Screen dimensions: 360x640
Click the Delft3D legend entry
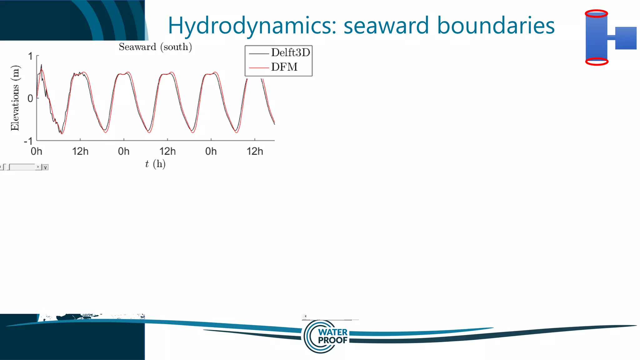point(290,52)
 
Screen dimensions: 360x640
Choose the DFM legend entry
point(284,67)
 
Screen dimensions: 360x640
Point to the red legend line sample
point(259,67)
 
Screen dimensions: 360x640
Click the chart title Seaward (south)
point(155,47)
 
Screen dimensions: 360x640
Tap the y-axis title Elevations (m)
point(15,98)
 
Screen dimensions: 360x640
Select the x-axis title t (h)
point(155,164)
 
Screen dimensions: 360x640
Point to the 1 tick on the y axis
point(30,56)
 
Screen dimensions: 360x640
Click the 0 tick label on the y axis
point(30,98)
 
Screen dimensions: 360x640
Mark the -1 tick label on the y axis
point(28,141)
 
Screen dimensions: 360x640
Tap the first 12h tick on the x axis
point(80,152)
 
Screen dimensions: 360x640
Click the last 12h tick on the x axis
point(255,152)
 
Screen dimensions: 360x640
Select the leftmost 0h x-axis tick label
point(37,152)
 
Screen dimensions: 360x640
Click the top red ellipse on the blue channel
point(596,13)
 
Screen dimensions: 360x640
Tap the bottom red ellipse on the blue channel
point(597,62)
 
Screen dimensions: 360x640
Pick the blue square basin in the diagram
point(626,38)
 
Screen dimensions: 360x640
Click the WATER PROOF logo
point(327,336)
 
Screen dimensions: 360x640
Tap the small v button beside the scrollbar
point(45,167)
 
